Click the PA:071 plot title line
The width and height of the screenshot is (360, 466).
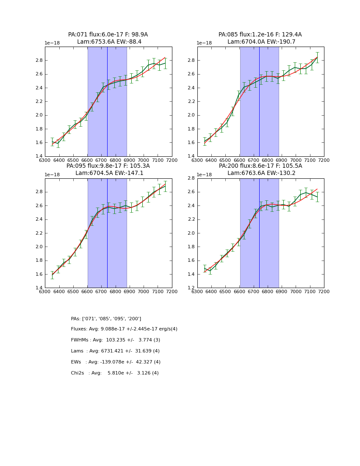[108, 35]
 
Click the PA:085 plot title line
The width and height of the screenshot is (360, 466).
[260, 35]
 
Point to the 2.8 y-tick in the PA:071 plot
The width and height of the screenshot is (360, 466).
[39, 60]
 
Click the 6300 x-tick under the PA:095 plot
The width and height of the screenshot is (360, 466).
[45, 292]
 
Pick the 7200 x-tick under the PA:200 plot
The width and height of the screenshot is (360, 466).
[324, 292]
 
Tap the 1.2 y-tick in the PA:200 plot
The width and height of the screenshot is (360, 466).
[191, 288]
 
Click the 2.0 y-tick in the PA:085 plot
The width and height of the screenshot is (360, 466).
[191, 115]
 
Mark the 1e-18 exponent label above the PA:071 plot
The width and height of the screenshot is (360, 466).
[53, 43]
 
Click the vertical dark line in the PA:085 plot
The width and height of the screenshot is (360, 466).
[259, 102]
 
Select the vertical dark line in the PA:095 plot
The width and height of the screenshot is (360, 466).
[107, 233]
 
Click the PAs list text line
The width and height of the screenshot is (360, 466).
[106, 319]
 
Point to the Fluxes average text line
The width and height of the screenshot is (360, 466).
[124, 329]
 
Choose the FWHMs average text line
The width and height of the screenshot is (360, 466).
[116, 340]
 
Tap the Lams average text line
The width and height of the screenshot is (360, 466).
[115, 351]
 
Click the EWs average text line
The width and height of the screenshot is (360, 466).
[116, 362]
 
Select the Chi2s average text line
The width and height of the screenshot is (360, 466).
[115, 373]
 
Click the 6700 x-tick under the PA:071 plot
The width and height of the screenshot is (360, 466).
[101, 160]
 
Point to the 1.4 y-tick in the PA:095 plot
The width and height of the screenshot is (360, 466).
[39, 288]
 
